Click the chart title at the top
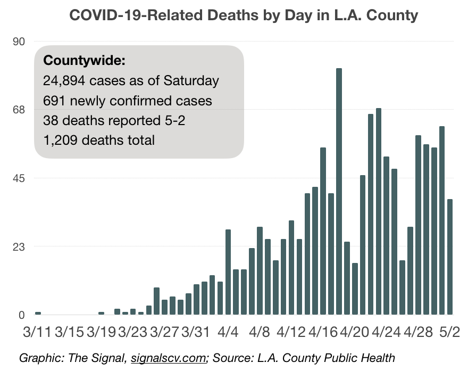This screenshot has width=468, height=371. pos(244,15)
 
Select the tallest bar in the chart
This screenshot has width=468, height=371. pos(339,191)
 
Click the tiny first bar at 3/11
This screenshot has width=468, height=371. pos(38,313)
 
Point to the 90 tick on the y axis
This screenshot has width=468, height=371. pos(19,41)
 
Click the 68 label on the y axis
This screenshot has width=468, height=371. pos(19,110)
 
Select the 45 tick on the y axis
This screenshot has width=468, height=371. pos(19,178)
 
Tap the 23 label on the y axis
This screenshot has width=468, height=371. pos(19,246)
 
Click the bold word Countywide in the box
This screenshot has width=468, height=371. pos(84,61)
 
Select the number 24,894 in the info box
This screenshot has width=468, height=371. pos(64,81)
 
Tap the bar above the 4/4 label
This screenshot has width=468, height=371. pos(228,272)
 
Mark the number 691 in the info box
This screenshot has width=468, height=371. pos(53,101)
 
